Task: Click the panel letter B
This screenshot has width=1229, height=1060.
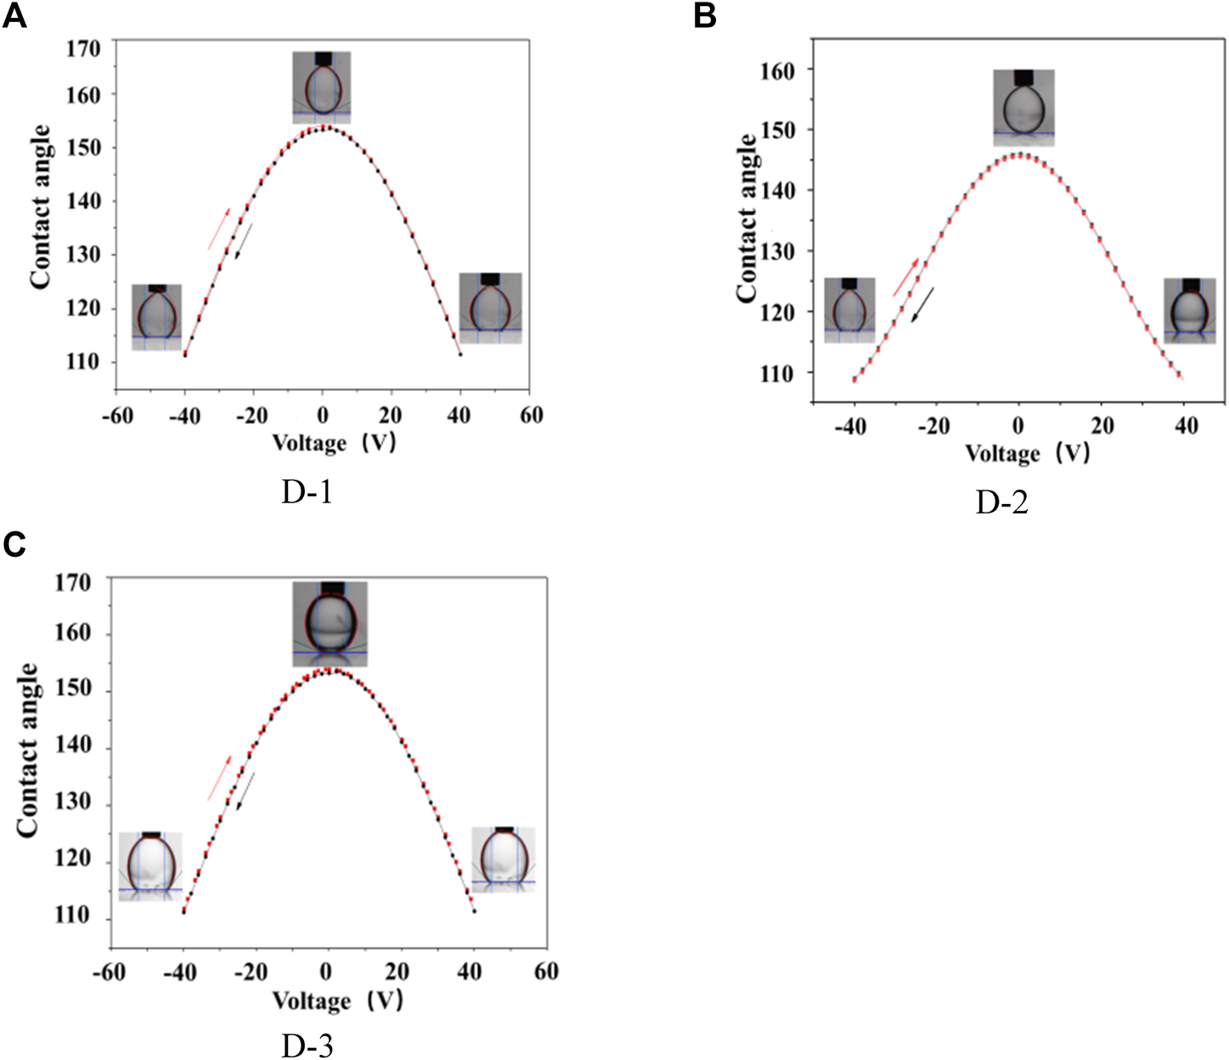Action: tap(705, 15)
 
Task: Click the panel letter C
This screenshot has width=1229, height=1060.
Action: tap(14, 544)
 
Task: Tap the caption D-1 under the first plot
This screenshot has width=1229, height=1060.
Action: tap(307, 491)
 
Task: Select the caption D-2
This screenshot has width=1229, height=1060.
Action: tap(1001, 502)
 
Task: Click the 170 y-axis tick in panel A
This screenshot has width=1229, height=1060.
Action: tap(83, 48)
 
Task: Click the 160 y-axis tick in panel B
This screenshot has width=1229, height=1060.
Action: tap(777, 71)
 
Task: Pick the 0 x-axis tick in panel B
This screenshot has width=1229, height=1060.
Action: tap(1018, 426)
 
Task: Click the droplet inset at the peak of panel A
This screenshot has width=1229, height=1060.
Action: tap(322, 87)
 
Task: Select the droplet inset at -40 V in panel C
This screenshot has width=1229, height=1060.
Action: tap(150, 865)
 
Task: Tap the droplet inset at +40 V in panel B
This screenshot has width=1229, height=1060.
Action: tap(1189, 310)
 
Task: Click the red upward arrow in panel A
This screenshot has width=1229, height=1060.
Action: tap(219, 229)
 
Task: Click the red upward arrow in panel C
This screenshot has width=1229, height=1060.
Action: tap(219, 778)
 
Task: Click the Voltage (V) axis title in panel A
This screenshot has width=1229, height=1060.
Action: tap(334, 442)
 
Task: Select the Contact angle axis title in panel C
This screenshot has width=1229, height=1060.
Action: tap(29, 751)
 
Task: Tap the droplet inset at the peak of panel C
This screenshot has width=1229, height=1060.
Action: tap(330, 623)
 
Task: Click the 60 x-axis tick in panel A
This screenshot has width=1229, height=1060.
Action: tap(531, 416)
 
